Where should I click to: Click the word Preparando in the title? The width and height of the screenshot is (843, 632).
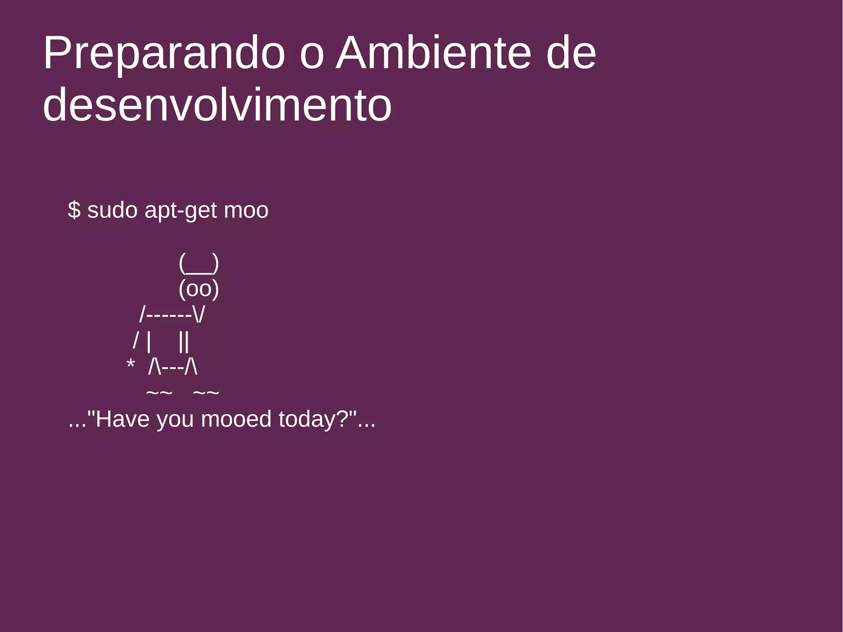(164, 54)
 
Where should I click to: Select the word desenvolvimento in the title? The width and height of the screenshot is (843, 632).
(217, 105)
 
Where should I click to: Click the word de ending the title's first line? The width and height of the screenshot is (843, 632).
(571, 54)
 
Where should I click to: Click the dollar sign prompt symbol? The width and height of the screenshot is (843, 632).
(74, 210)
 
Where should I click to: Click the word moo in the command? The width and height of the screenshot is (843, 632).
(246, 211)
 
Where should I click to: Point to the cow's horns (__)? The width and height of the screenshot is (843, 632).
(199, 264)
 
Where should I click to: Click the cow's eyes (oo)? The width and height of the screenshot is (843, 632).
(199, 289)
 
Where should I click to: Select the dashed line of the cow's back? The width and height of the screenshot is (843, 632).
(169, 315)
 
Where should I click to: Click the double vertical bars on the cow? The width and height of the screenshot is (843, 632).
(184, 341)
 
